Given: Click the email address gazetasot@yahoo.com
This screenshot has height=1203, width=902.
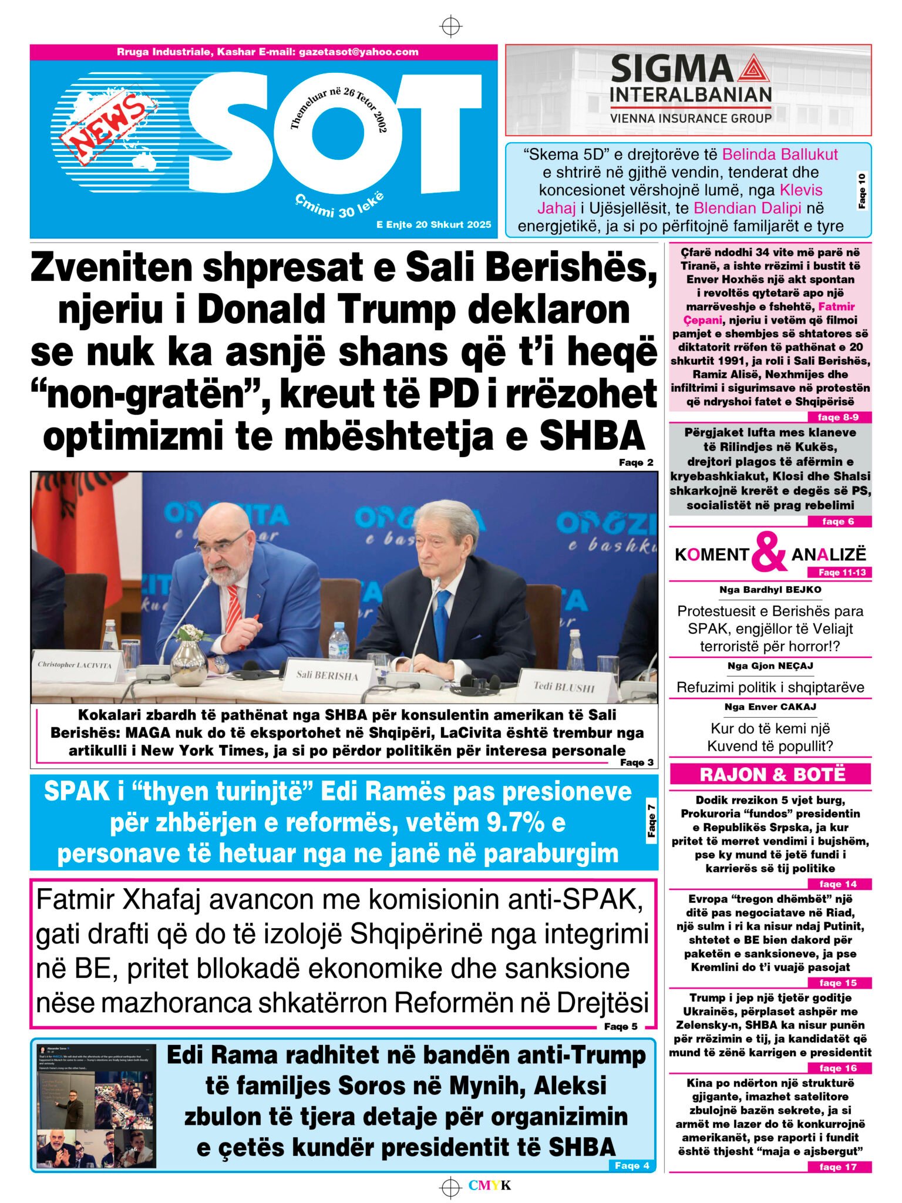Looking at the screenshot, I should (x=358, y=52).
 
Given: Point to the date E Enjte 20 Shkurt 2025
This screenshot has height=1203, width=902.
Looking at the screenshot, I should (x=433, y=224).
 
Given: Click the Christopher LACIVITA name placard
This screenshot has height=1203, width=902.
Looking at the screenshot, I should (x=75, y=664).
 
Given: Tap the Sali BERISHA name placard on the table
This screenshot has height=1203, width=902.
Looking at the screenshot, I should (x=327, y=675).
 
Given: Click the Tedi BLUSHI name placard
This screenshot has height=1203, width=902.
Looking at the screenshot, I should (x=564, y=686).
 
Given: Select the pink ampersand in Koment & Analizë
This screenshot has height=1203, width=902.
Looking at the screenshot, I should (x=769, y=552).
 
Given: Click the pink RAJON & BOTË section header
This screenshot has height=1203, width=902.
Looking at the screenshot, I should (x=771, y=774).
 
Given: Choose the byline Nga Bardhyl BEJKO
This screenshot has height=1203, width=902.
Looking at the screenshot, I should (x=770, y=589).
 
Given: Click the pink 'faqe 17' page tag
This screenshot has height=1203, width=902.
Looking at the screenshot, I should (x=838, y=1167).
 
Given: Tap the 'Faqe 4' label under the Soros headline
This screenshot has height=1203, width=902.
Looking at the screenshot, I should (x=632, y=1165).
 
